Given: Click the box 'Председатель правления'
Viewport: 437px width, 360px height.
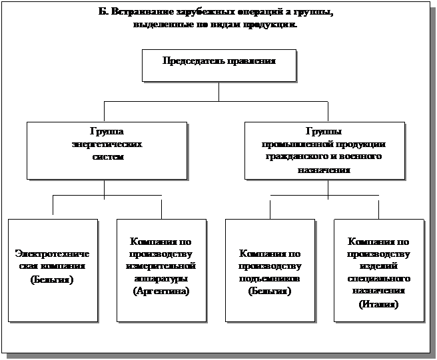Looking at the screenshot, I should (x=218, y=65).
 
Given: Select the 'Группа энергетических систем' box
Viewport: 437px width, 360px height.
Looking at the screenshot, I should (x=106, y=150).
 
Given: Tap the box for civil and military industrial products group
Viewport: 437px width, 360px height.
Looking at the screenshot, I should (x=324, y=150).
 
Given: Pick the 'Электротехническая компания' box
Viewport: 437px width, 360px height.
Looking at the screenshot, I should (x=53, y=270).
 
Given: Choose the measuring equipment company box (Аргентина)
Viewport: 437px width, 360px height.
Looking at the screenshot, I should (x=161, y=270).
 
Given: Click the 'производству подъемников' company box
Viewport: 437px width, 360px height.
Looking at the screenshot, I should (x=270, y=270).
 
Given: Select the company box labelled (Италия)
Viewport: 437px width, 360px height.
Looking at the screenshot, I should (x=378, y=270).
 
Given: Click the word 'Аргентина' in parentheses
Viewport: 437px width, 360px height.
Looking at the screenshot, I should (x=162, y=291).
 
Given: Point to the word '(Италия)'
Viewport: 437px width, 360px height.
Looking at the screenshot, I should (x=378, y=304).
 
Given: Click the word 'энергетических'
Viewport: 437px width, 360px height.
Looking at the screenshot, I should (x=106, y=144).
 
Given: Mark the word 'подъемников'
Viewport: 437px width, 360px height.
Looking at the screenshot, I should (x=270, y=279).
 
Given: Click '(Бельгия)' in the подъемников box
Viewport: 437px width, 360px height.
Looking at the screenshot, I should (x=270, y=291).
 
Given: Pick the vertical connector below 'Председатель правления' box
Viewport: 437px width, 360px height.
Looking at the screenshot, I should (x=218, y=90).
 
